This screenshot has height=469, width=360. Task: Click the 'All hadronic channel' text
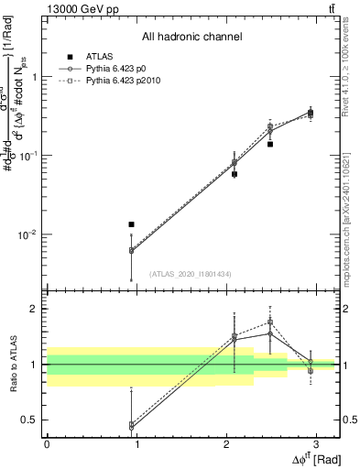point(191,38)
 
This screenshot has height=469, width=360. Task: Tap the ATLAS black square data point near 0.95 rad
point(132,224)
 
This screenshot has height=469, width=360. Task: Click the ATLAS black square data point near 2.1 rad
point(235,174)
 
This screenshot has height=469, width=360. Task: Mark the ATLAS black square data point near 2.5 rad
point(270,144)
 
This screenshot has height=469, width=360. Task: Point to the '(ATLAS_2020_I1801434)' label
point(191,274)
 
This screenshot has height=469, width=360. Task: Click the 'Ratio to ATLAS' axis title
point(12,367)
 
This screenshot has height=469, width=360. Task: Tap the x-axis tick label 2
point(226,443)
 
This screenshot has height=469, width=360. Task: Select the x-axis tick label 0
point(47,443)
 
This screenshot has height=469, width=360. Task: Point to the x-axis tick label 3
point(316,443)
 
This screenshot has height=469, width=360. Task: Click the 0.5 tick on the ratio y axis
point(32,420)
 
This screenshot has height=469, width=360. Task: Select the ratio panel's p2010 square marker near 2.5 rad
point(270,322)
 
